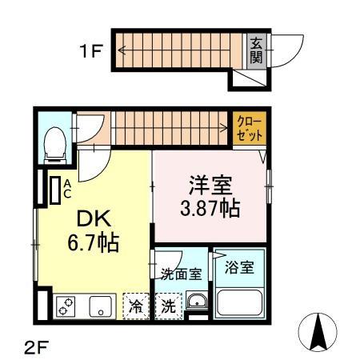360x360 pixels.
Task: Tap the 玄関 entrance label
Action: point(256,51)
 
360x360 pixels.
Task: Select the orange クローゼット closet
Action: point(250,129)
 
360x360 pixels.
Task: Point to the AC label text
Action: point(68,190)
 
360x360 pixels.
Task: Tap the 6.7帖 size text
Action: point(94,242)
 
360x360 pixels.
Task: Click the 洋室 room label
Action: point(210,187)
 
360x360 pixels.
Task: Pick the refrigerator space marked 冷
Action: point(137,306)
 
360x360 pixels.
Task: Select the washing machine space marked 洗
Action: point(169,306)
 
